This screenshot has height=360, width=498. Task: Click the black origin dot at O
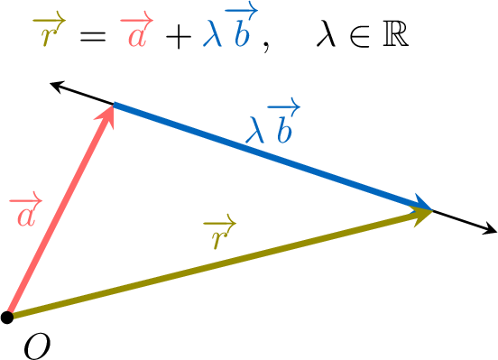click(x=7, y=317)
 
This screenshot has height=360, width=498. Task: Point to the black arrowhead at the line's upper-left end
click(x=57, y=86)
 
